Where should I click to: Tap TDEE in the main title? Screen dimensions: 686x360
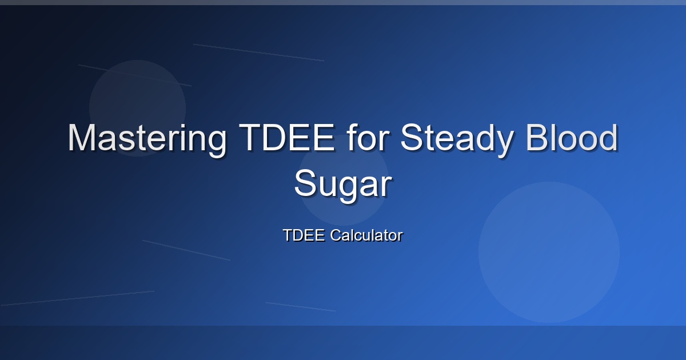tap(287, 137)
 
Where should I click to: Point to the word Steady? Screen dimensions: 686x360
tap(457, 140)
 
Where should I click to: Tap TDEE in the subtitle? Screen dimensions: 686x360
tap(304, 235)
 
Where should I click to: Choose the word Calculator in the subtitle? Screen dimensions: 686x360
tap(366, 235)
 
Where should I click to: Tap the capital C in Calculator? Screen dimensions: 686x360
tap(336, 235)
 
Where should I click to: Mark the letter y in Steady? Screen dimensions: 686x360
tap(503, 145)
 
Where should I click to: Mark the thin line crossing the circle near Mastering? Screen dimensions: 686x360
tap(135, 75)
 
